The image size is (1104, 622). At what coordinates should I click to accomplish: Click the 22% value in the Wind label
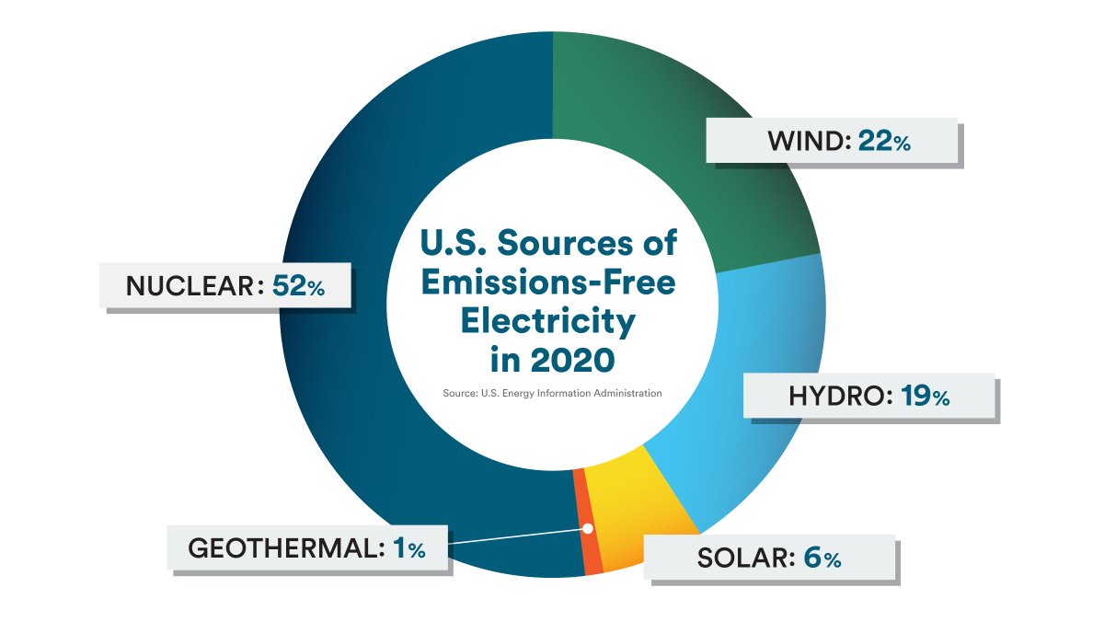(x=884, y=142)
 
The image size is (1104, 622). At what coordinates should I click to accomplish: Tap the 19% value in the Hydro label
(x=926, y=397)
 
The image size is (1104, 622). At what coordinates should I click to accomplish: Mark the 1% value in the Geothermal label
(x=408, y=549)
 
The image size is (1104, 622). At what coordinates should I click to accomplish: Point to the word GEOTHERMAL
(x=285, y=549)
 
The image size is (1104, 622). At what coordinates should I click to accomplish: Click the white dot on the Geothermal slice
(x=587, y=529)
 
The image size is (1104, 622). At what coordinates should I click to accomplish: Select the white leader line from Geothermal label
(x=515, y=537)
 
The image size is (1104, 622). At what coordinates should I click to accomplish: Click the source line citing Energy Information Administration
(x=551, y=393)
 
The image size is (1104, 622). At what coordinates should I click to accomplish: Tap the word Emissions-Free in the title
(x=548, y=282)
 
